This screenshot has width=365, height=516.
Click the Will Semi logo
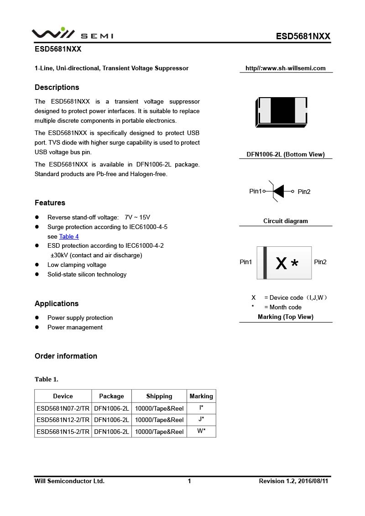pos(72,34)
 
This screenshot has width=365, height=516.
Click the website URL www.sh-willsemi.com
pos(286,68)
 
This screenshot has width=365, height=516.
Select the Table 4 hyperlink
pos(69,236)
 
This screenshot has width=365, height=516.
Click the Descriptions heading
pos(57,87)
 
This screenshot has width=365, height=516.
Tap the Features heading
pos(50,203)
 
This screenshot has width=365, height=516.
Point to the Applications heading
pos(57,303)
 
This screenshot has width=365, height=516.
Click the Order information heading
pos(66,356)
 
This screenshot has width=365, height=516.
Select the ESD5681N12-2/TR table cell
pos(63,420)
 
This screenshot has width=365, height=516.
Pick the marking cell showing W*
pos(201,431)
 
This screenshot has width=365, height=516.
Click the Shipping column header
pos(159,396)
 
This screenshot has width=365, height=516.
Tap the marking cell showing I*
pos(201,408)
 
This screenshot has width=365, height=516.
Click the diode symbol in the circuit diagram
pos(278,191)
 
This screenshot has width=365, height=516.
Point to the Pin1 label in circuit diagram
pos(255,191)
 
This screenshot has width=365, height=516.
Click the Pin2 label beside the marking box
pos(320,262)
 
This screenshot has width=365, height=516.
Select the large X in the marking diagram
pos(282,263)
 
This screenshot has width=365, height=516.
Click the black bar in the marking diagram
pos(265,263)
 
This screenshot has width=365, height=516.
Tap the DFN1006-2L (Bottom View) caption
pos(286,154)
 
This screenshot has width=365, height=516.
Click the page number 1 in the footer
pos(189,481)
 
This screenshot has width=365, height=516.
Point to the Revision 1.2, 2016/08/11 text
pos(293,481)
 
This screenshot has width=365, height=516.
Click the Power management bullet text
pos(75,327)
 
